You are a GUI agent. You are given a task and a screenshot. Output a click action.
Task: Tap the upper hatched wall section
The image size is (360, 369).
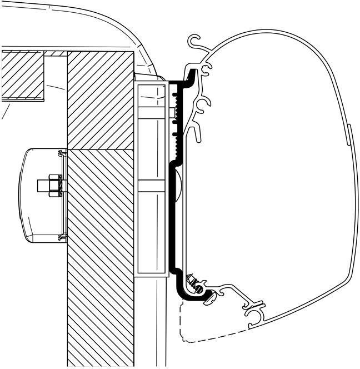pyautogui.click(x=100, y=100)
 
